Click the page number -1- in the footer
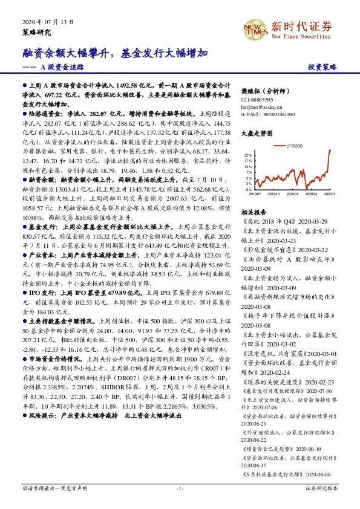coord(180,487)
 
